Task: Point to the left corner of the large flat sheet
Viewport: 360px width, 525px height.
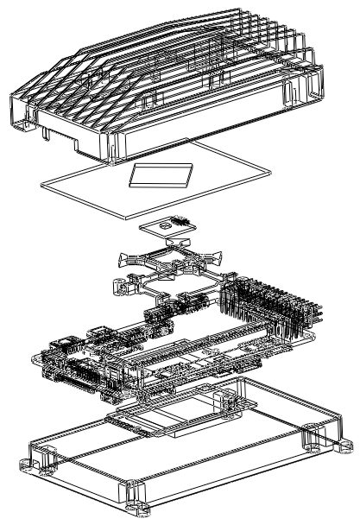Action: (x=43, y=182)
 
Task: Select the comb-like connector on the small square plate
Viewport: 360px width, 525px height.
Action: (x=179, y=222)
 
